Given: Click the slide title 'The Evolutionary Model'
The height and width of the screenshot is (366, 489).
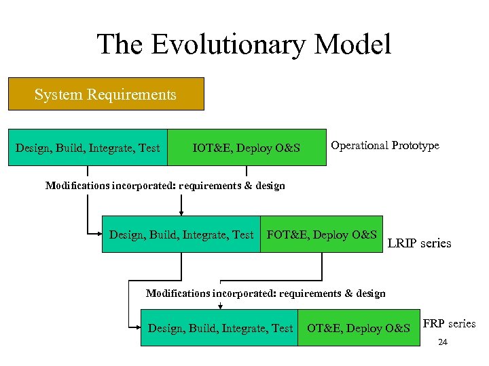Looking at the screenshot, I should coord(244,45).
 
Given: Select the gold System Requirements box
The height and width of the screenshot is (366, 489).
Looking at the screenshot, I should coord(105,94).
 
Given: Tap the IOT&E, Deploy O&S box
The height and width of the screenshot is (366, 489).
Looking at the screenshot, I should coord(246,148).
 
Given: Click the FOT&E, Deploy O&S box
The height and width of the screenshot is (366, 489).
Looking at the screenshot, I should coord(322,235).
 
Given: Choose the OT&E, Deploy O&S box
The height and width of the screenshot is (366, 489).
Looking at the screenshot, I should coord(358,329).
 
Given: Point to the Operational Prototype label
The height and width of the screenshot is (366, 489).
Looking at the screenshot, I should coord(384,146).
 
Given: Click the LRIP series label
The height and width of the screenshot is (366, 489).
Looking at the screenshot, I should coord(419,243).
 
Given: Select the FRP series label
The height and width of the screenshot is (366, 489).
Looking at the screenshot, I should coord(449,323).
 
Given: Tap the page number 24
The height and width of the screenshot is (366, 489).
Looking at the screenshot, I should coord(443,342).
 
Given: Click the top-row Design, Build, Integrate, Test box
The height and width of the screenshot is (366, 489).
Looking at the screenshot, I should coord(88,148).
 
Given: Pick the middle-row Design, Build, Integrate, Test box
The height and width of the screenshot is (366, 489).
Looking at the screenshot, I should coord(181,235).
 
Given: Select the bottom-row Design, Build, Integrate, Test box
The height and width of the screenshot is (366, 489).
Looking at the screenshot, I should coord(219,329).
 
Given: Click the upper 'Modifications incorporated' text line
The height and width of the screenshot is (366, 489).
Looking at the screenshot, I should coord(165,186).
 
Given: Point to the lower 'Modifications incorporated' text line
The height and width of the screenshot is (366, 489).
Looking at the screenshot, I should coord(266,293).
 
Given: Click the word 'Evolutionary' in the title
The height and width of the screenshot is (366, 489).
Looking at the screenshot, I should coord(228,45).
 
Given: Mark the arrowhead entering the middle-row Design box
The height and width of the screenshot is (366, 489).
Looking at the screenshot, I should coord(99,233).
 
